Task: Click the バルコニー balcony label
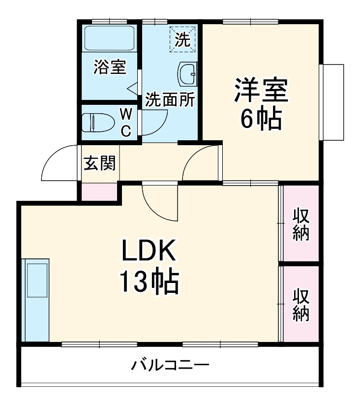pos(170,366)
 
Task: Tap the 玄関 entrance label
pos(100,163)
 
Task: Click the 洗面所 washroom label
pos(170,100)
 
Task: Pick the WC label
pos(126,123)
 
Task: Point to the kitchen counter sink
pos(36,279)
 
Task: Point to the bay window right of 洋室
pos(332,102)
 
